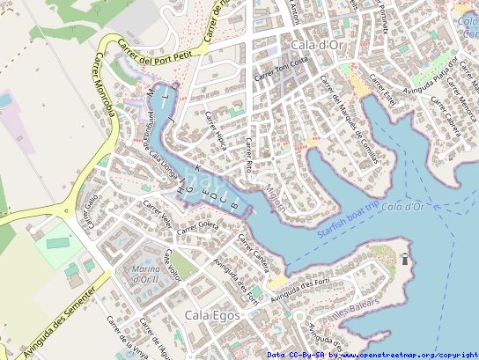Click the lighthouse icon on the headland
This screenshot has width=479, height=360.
pyautogui.click(x=405, y=259)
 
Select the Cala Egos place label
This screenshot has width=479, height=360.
pyautogui.click(x=210, y=314)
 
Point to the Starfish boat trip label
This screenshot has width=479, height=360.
pyautogui.click(x=348, y=216)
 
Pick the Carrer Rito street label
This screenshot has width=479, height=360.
pyautogui.click(x=249, y=154)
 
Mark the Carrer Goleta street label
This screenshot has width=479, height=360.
pyautogui.click(x=197, y=227)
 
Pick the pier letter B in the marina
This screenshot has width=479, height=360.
pyautogui.click(x=234, y=205)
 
